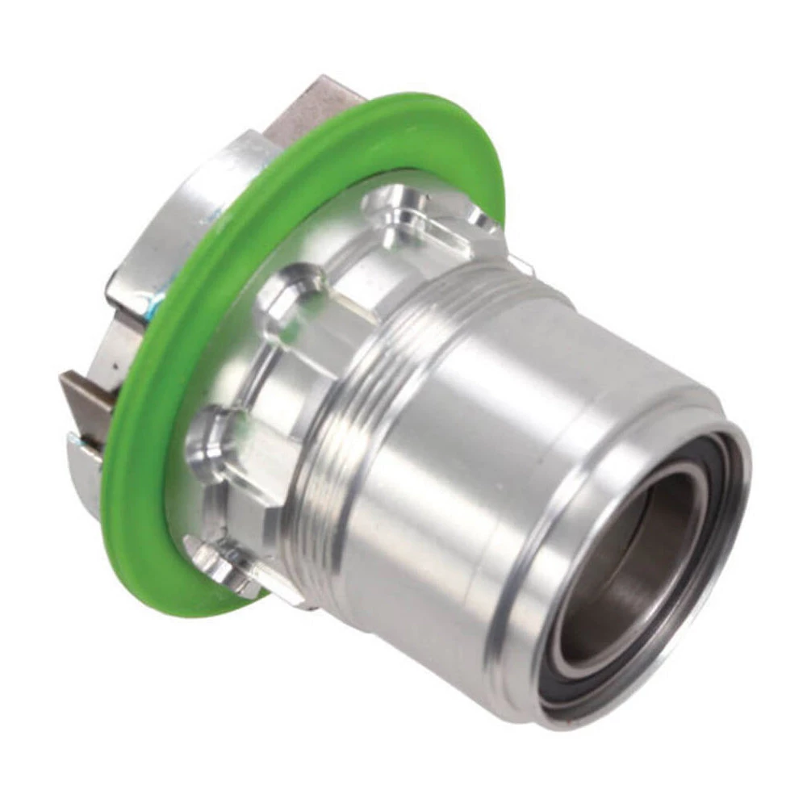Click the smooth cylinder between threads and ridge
[452, 452]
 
